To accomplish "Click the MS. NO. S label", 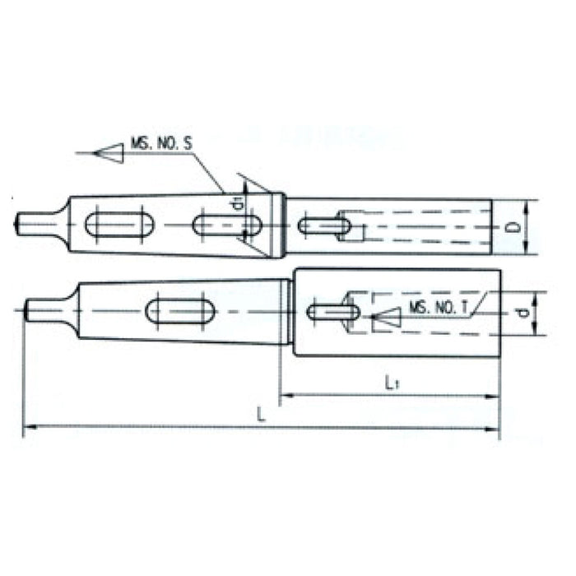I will coord(161,144).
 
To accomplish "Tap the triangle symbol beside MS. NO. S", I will coord(110,152).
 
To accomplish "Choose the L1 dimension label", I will coord(393,382).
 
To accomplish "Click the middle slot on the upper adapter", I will coord(228,225).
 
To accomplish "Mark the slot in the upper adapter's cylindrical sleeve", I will coord(322,224).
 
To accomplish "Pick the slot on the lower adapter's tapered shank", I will coord(180,311).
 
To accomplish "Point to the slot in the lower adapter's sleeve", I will coord(332,312).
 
